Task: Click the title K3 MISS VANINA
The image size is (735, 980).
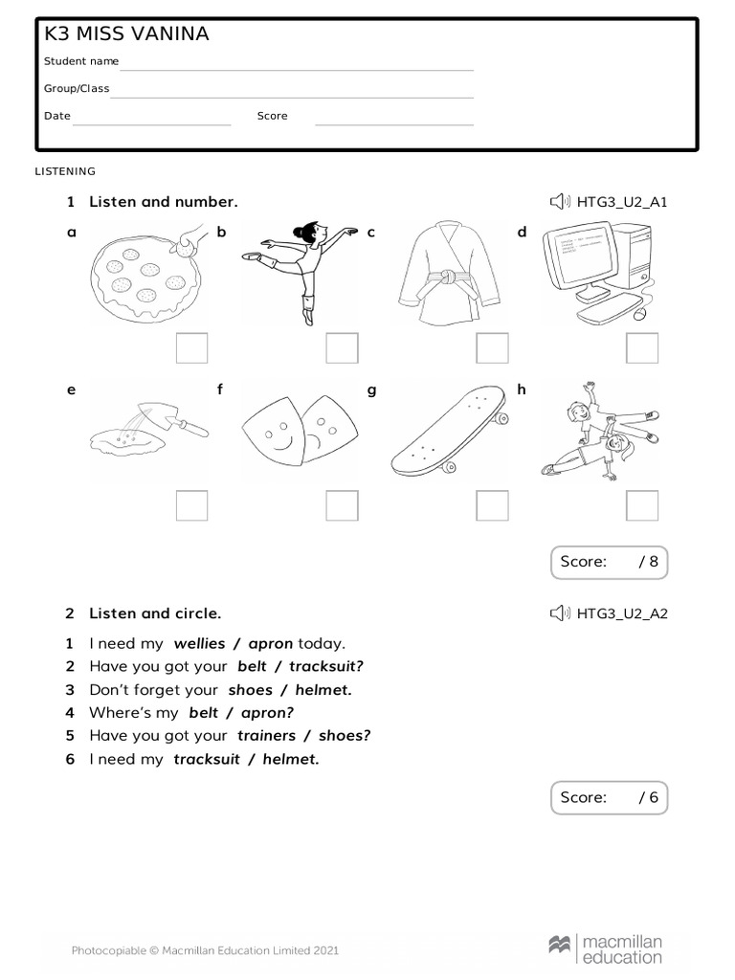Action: tap(126, 35)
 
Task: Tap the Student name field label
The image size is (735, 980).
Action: tap(81, 61)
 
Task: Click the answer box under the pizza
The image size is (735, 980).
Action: tap(191, 348)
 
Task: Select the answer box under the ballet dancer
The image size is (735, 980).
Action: tap(342, 348)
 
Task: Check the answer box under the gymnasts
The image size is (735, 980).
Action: tap(642, 505)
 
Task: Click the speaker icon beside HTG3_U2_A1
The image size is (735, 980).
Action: tap(560, 202)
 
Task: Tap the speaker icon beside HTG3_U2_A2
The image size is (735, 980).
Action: tap(560, 613)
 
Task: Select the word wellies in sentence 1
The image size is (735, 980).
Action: tap(199, 644)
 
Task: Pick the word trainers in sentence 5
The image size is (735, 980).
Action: tap(265, 736)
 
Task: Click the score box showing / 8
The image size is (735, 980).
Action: tap(609, 563)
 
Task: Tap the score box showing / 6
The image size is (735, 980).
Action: tap(609, 797)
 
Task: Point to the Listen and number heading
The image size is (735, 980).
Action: tap(163, 202)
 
